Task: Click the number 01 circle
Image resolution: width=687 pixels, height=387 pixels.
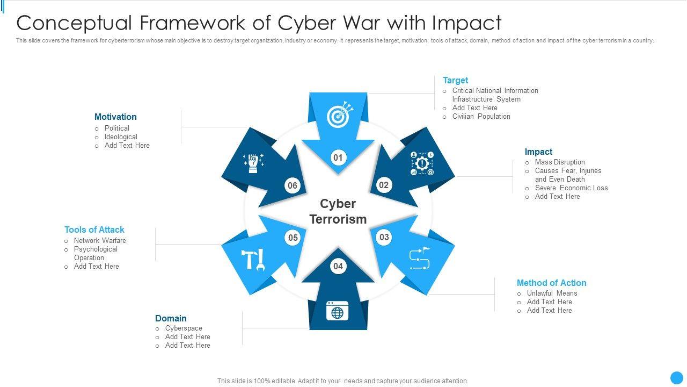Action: (x=338, y=157)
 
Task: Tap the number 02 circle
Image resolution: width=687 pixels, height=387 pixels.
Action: (x=384, y=185)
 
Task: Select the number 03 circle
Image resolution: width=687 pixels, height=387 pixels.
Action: (x=384, y=237)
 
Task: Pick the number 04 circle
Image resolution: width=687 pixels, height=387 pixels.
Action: (x=338, y=266)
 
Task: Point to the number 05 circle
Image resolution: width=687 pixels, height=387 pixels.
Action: (x=293, y=238)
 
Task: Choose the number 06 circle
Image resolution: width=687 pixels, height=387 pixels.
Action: (x=292, y=186)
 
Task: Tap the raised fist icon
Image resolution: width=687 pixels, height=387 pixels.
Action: (x=253, y=162)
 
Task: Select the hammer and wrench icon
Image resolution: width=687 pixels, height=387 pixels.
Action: (x=253, y=260)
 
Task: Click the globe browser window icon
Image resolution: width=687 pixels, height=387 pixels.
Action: (x=338, y=311)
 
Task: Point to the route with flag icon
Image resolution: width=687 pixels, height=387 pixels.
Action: (x=420, y=259)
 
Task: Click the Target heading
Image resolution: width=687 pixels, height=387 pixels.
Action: (x=455, y=81)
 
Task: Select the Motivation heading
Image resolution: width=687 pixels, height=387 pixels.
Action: (x=115, y=117)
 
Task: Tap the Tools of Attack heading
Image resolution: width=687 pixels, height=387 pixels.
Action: (x=94, y=230)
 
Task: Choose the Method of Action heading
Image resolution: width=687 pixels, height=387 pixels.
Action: (x=551, y=283)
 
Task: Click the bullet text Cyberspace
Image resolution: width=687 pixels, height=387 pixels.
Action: (x=184, y=328)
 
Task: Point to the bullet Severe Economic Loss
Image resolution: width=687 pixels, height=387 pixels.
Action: (x=571, y=188)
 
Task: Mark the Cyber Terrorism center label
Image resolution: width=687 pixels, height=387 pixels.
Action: (x=338, y=211)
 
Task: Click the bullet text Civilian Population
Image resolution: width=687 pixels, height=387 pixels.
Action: (x=481, y=117)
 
